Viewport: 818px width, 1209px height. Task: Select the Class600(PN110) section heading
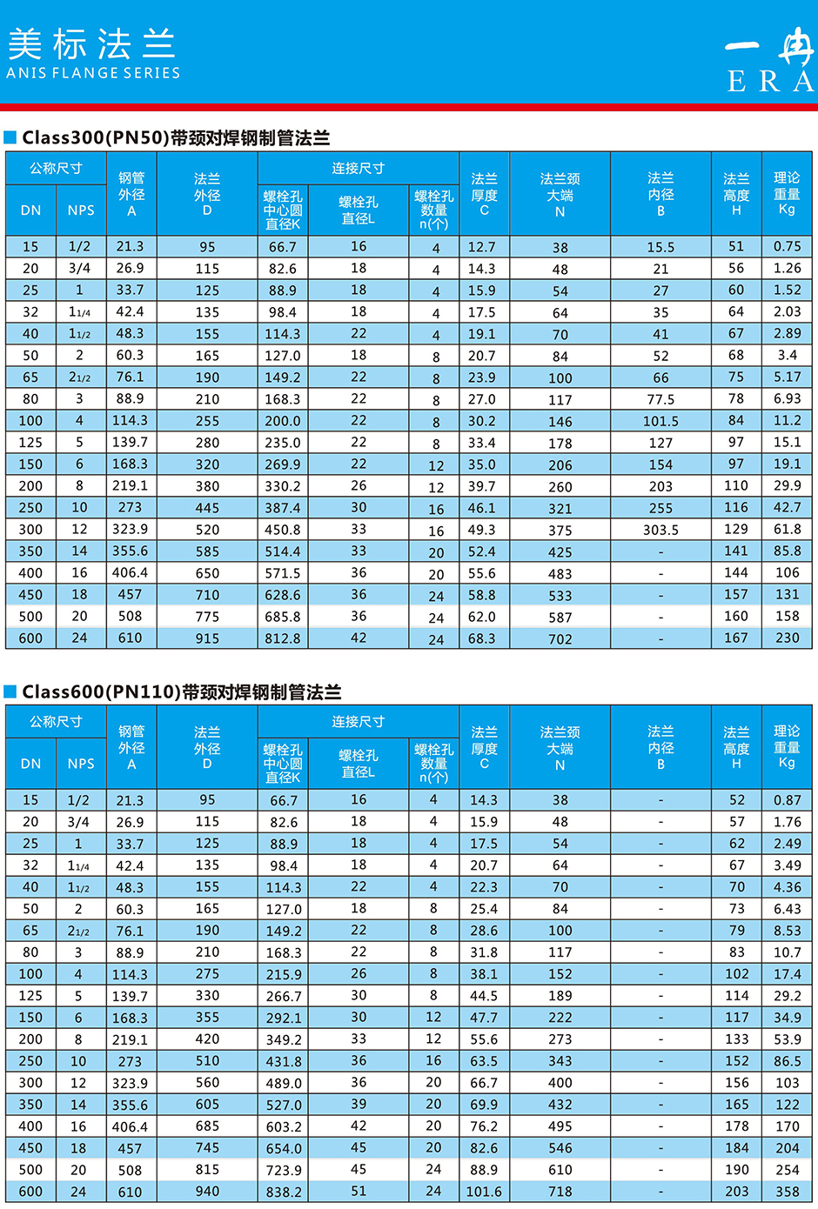click(x=181, y=691)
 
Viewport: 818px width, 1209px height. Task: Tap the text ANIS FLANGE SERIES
click(x=93, y=73)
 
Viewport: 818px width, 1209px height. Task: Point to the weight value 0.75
click(x=788, y=246)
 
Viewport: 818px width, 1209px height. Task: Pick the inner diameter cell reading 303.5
click(x=660, y=530)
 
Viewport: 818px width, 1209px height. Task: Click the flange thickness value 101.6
click(x=484, y=1192)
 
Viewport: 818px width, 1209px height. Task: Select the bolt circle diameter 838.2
click(x=284, y=1192)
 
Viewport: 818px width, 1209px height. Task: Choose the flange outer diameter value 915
click(x=207, y=638)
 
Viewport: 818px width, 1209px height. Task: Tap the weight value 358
click(x=788, y=1192)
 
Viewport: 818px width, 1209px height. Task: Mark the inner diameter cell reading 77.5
click(x=660, y=399)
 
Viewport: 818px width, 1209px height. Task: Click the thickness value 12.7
click(x=482, y=247)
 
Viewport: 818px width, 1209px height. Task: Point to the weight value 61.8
click(x=788, y=529)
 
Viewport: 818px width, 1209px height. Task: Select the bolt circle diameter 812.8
click(x=283, y=638)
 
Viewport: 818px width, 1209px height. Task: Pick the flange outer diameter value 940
click(x=207, y=1191)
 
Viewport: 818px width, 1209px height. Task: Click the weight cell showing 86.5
click(x=788, y=1061)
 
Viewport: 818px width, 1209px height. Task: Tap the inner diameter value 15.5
click(x=660, y=247)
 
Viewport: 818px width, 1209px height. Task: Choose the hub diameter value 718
click(x=560, y=1192)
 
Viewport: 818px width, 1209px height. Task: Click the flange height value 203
click(x=737, y=1192)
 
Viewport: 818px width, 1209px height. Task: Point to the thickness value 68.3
click(x=482, y=638)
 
